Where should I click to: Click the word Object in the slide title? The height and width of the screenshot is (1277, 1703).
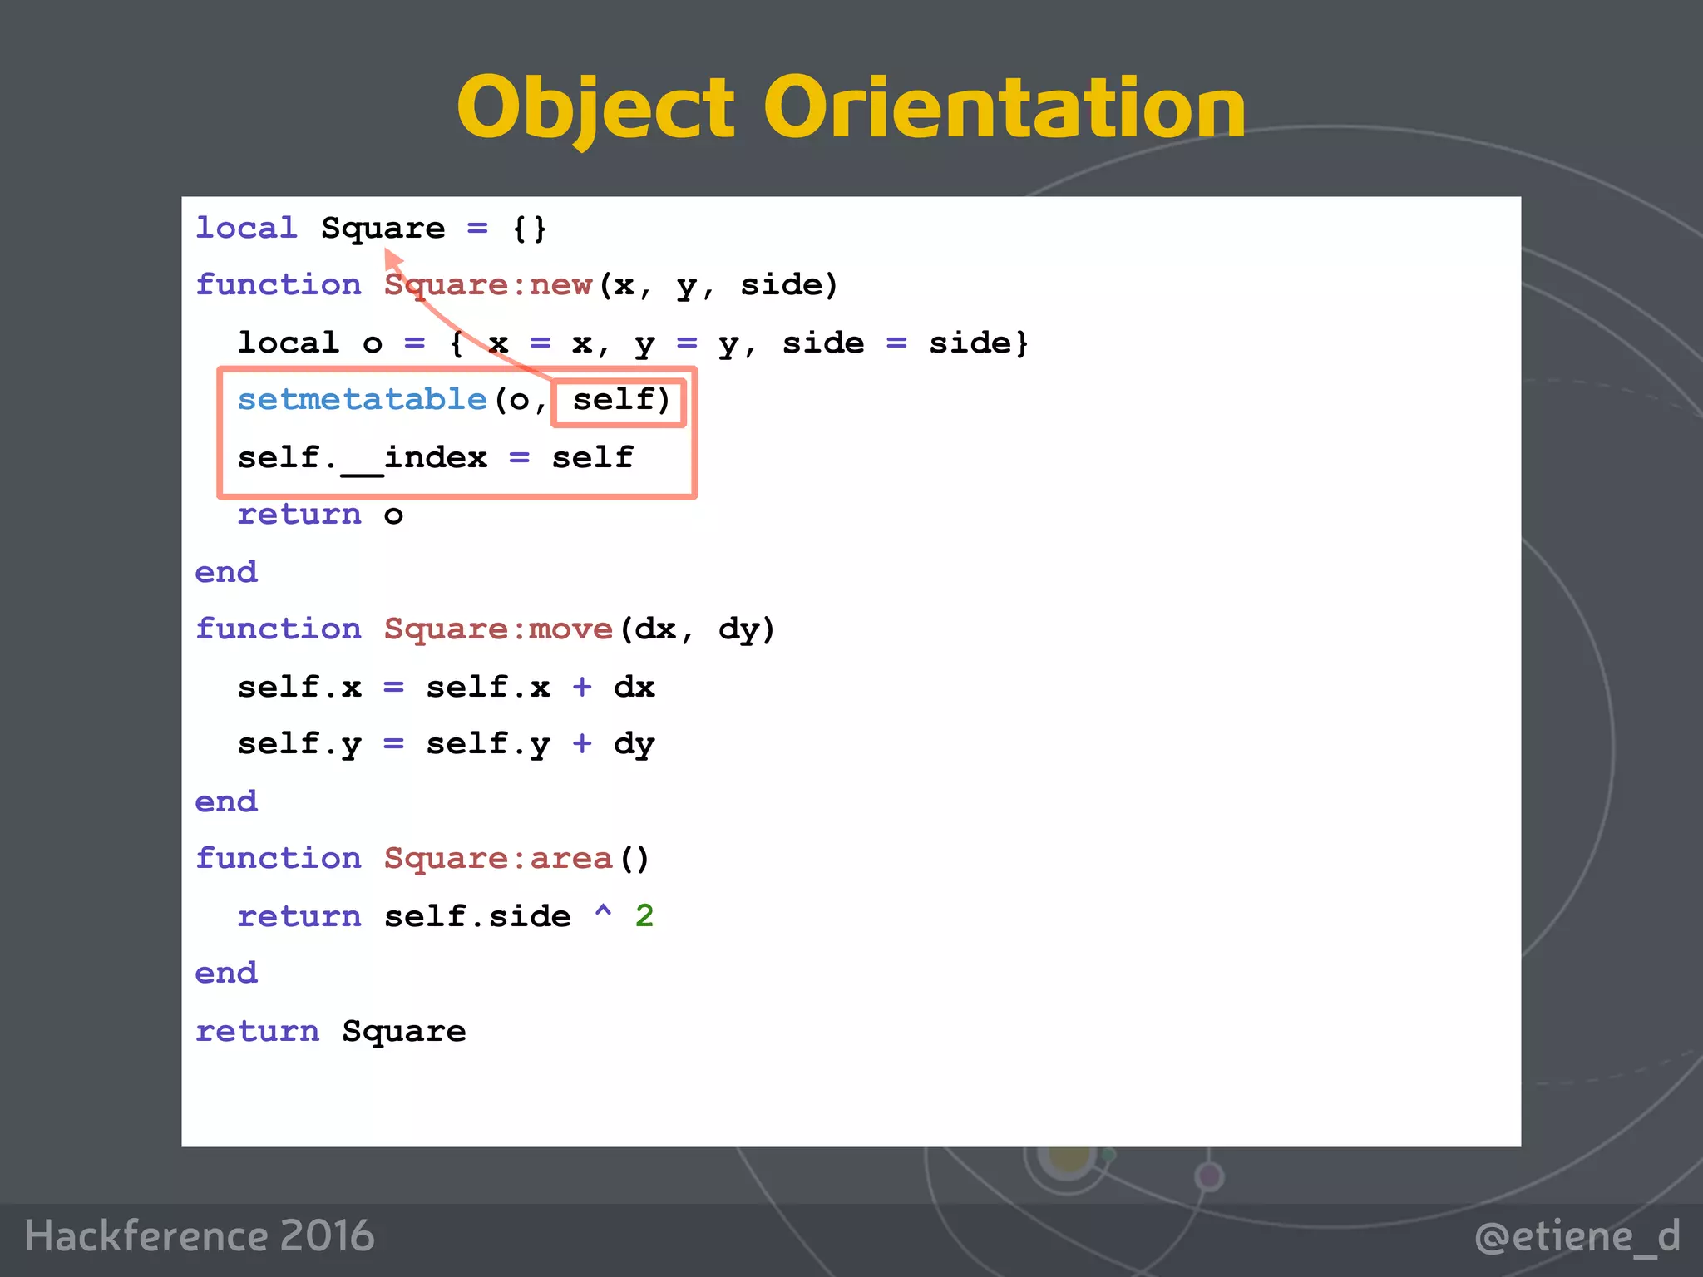[x=595, y=108]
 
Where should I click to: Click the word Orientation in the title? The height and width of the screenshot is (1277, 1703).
[x=1005, y=108]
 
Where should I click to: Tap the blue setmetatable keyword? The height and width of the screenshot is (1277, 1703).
[x=362, y=400]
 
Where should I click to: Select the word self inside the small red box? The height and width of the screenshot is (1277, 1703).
[x=614, y=400]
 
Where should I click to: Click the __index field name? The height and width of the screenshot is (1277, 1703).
[x=414, y=458]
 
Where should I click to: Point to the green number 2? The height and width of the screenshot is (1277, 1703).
[x=644, y=916]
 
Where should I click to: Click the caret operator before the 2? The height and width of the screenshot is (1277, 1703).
[x=603, y=913]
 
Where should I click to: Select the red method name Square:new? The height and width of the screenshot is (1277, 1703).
[x=487, y=285]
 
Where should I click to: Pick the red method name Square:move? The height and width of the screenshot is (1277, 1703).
[x=497, y=629]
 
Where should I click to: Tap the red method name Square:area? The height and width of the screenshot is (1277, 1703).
[x=497, y=859]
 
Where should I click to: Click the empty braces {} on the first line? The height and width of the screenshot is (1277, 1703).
[x=530, y=229]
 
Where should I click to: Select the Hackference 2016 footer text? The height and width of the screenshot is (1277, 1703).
[x=200, y=1235]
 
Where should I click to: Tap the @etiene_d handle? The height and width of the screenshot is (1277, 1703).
[x=1577, y=1236]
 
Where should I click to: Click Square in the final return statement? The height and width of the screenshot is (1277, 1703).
[x=404, y=1032]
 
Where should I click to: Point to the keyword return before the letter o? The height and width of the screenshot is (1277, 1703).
[x=299, y=515]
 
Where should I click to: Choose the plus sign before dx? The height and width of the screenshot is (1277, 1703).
[x=582, y=688]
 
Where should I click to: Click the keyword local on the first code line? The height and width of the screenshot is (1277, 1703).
[x=246, y=229]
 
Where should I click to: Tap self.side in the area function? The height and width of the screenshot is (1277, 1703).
[x=477, y=916]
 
